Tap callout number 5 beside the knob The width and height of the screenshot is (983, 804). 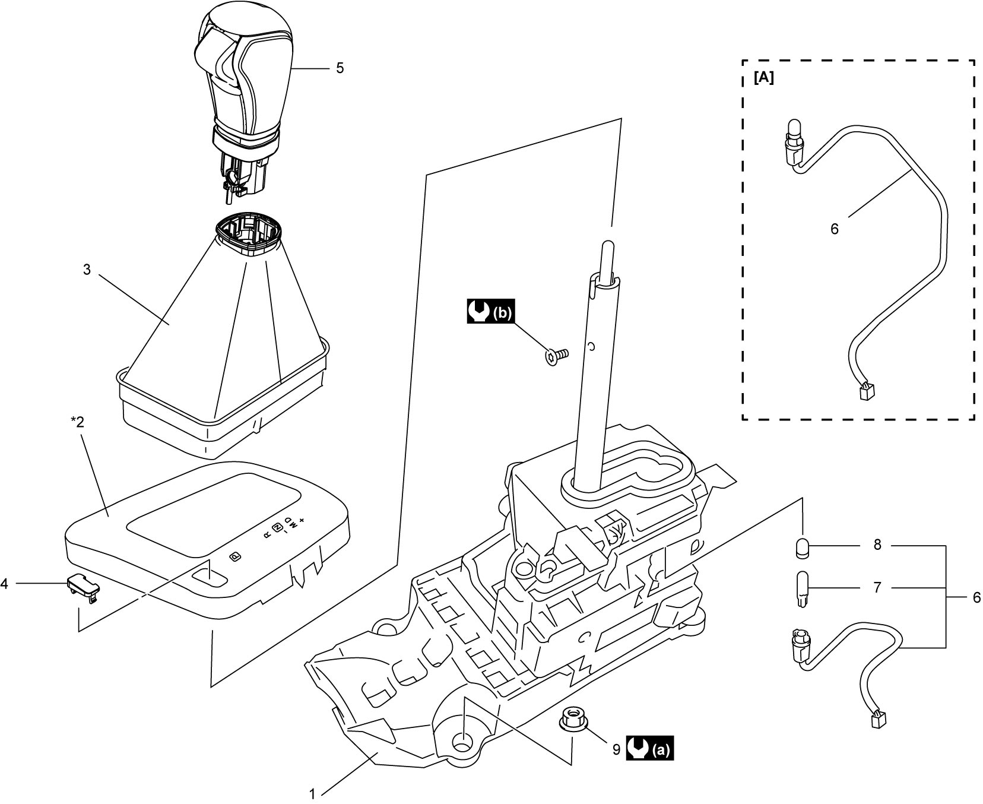click(340, 68)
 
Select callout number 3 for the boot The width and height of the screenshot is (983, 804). click(87, 270)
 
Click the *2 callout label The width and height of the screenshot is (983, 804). click(78, 422)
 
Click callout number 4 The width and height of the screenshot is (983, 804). click(5, 584)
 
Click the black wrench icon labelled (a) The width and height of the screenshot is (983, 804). click(650, 750)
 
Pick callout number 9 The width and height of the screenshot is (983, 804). click(616, 750)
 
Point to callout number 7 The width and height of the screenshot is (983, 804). click(877, 588)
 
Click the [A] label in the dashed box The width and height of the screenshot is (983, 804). click(764, 78)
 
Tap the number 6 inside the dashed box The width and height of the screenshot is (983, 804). click(835, 229)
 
